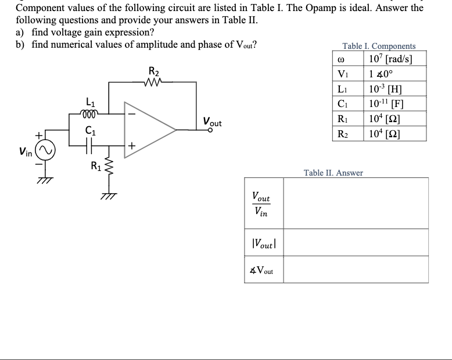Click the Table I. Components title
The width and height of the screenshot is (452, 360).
click(379, 46)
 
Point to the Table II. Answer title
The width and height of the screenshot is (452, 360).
click(333, 173)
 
